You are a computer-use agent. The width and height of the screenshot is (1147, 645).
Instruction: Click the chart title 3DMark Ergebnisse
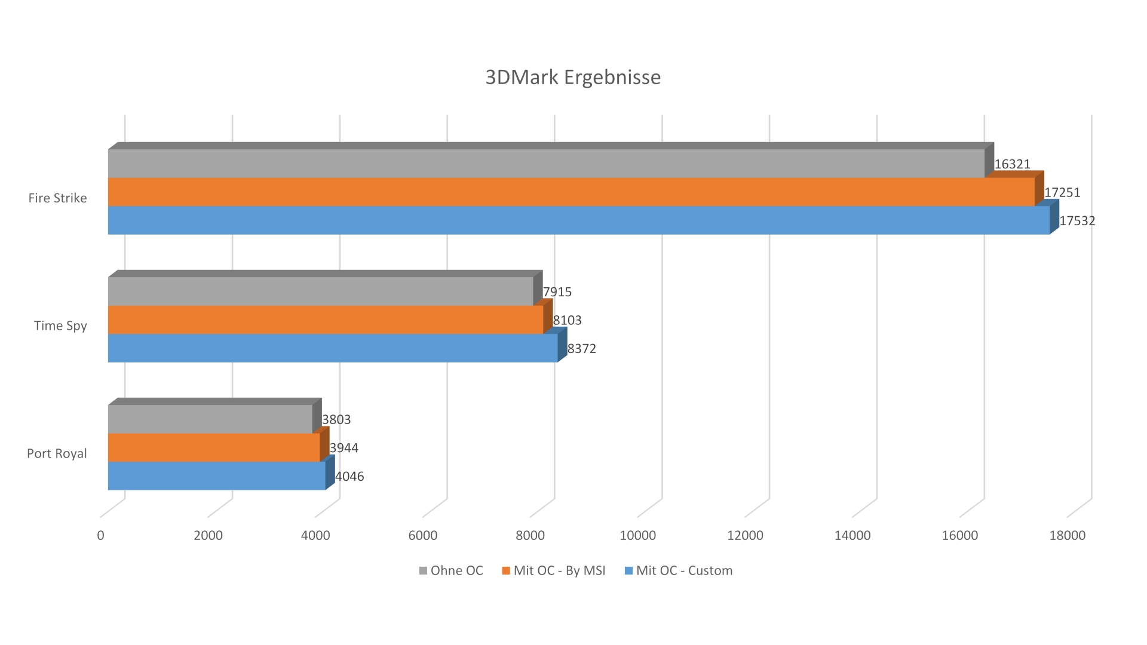coord(573,78)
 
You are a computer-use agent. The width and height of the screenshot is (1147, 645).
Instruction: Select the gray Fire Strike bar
coord(546,163)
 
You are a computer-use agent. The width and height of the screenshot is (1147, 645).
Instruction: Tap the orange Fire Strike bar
coord(571,192)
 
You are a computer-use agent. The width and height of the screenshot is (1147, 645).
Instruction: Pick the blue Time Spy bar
coord(333,348)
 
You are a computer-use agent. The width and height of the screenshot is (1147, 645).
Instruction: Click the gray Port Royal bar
coord(210,419)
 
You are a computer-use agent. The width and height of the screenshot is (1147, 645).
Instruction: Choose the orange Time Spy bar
coord(326,320)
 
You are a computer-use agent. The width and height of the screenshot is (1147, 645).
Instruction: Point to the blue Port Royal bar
coord(216,476)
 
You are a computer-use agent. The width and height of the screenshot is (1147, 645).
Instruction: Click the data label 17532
coord(1077,221)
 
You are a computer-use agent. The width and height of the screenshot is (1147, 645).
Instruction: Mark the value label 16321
coord(1012,164)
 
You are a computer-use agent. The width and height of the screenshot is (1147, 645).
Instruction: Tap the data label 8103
coord(567,320)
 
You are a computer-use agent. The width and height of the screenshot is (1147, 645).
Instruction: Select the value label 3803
coord(336,420)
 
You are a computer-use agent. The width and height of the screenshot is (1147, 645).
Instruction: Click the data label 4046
coord(349,477)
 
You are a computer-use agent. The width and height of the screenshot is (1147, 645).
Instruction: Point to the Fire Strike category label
coord(57,198)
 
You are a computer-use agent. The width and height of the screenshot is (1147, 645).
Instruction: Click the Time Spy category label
coord(60,326)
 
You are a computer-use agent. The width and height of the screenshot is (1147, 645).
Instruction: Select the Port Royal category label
coord(57,454)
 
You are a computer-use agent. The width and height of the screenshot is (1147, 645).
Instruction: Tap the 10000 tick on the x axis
coord(637,536)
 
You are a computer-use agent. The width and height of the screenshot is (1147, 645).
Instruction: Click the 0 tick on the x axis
coord(100,536)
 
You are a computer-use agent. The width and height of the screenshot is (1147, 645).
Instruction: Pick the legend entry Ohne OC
coord(451,571)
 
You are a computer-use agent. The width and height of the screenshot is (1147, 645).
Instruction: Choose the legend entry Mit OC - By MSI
coord(554,571)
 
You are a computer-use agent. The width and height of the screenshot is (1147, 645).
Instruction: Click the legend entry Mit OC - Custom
coord(679,571)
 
